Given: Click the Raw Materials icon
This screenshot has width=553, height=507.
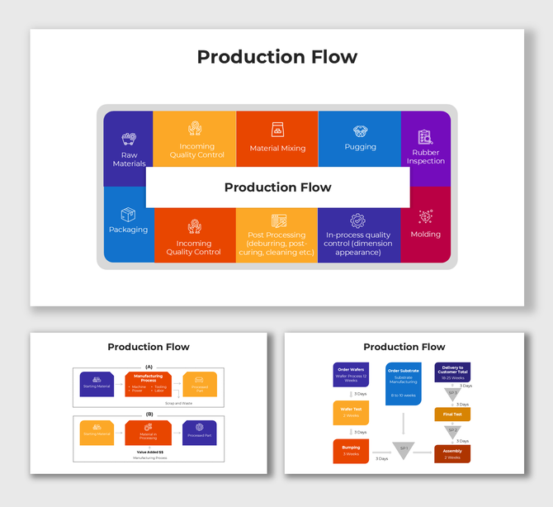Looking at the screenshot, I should [128, 140].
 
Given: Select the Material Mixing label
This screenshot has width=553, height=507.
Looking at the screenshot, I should [277, 149].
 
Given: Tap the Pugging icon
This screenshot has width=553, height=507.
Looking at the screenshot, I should [360, 131].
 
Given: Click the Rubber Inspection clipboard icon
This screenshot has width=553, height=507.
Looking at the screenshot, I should [425, 136].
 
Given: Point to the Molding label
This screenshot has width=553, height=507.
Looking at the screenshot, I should [426, 235].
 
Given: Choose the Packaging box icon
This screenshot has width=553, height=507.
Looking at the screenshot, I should [128, 215].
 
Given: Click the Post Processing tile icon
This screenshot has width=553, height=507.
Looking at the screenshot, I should [277, 220].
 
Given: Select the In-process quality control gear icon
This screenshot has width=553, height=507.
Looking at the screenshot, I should [357, 220].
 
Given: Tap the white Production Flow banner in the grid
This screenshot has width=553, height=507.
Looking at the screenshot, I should [277, 187].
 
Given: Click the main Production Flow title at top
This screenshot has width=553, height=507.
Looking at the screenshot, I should [276, 57].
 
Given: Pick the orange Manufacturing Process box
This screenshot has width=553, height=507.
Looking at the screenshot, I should [148, 384].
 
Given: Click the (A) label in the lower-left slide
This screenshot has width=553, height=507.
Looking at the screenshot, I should [149, 366].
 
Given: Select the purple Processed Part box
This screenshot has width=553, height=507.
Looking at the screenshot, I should [199, 433].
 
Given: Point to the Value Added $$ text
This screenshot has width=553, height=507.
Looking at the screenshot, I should [149, 452].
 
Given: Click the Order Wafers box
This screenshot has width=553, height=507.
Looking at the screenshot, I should [351, 375].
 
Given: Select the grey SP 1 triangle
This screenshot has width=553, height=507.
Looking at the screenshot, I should [403, 450].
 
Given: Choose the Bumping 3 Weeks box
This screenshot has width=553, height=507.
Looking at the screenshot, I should [351, 451].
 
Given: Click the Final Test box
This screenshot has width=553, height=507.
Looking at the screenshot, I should [452, 415].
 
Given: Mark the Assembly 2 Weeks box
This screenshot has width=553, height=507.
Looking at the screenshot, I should [452, 453].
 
